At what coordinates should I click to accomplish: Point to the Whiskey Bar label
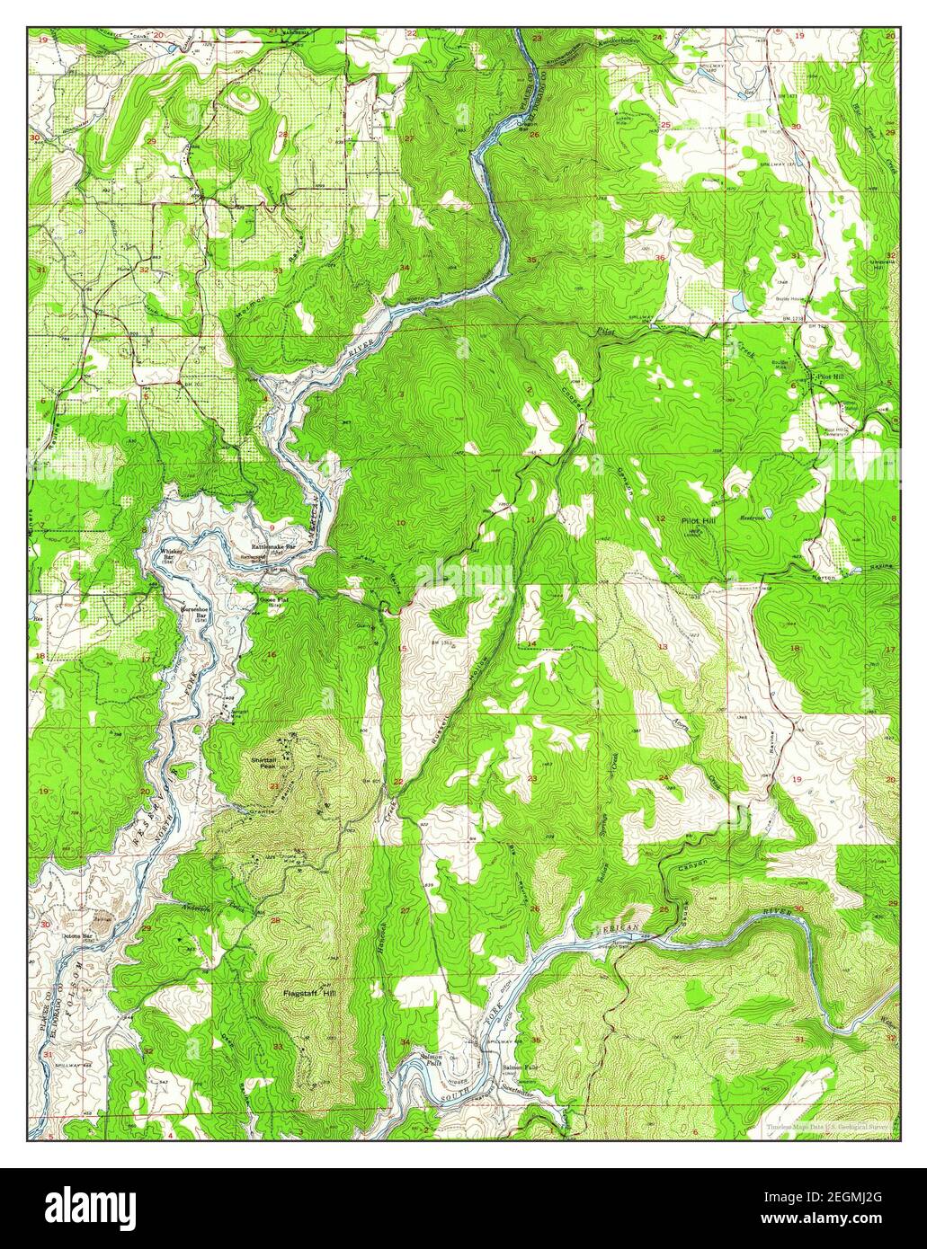point(169,554)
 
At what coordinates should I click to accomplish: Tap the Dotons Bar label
point(76,937)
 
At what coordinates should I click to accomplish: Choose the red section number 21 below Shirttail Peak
point(273,786)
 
